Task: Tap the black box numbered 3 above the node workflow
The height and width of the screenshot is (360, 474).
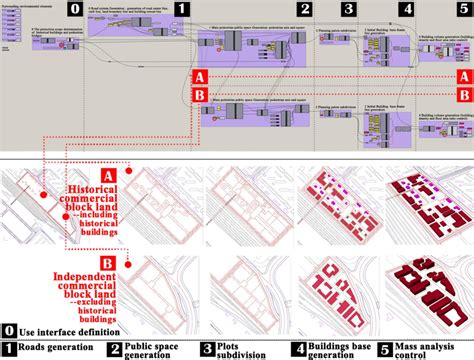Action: pos(348,10)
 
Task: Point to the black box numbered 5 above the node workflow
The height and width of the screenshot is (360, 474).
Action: pos(463,10)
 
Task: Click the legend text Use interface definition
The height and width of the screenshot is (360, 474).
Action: pos(68,330)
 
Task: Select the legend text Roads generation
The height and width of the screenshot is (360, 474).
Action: pos(57,349)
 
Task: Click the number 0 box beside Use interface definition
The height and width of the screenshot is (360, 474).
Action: pos(9,330)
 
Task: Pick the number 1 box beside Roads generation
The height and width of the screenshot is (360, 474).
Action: pos(9,349)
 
